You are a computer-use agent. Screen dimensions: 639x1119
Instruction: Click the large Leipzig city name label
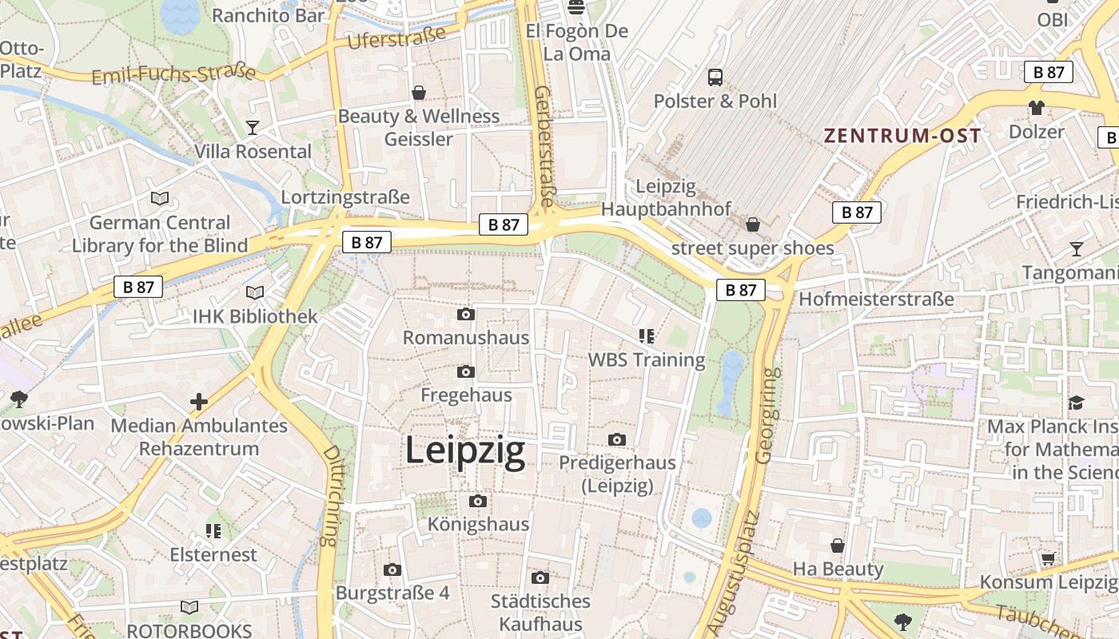click(465, 450)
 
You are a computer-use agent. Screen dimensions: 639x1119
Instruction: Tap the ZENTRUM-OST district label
click(902, 136)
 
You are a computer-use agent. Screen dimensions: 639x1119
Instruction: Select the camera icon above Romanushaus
click(466, 315)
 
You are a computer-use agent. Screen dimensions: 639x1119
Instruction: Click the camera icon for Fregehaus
click(466, 372)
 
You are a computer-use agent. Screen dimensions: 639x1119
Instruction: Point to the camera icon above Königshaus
click(478, 502)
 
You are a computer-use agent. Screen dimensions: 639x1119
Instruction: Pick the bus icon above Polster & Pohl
click(715, 77)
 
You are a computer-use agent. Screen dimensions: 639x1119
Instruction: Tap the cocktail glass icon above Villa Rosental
click(253, 128)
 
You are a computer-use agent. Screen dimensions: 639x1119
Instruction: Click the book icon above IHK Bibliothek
click(255, 293)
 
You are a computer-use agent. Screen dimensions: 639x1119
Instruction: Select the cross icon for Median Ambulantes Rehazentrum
click(199, 402)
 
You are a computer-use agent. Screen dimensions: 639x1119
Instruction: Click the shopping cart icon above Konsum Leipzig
click(1048, 558)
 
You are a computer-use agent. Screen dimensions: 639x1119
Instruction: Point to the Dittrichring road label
click(329, 495)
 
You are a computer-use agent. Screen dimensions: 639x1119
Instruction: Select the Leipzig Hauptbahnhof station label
click(666, 198)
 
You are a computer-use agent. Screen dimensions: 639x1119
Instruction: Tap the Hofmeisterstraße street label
click(876, 299)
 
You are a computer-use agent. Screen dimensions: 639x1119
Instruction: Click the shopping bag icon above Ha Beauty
click(838, 546)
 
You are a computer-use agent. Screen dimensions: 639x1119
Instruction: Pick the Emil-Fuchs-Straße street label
click(173, 74)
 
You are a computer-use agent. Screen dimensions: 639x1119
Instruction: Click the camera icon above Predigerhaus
click(616, 440)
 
